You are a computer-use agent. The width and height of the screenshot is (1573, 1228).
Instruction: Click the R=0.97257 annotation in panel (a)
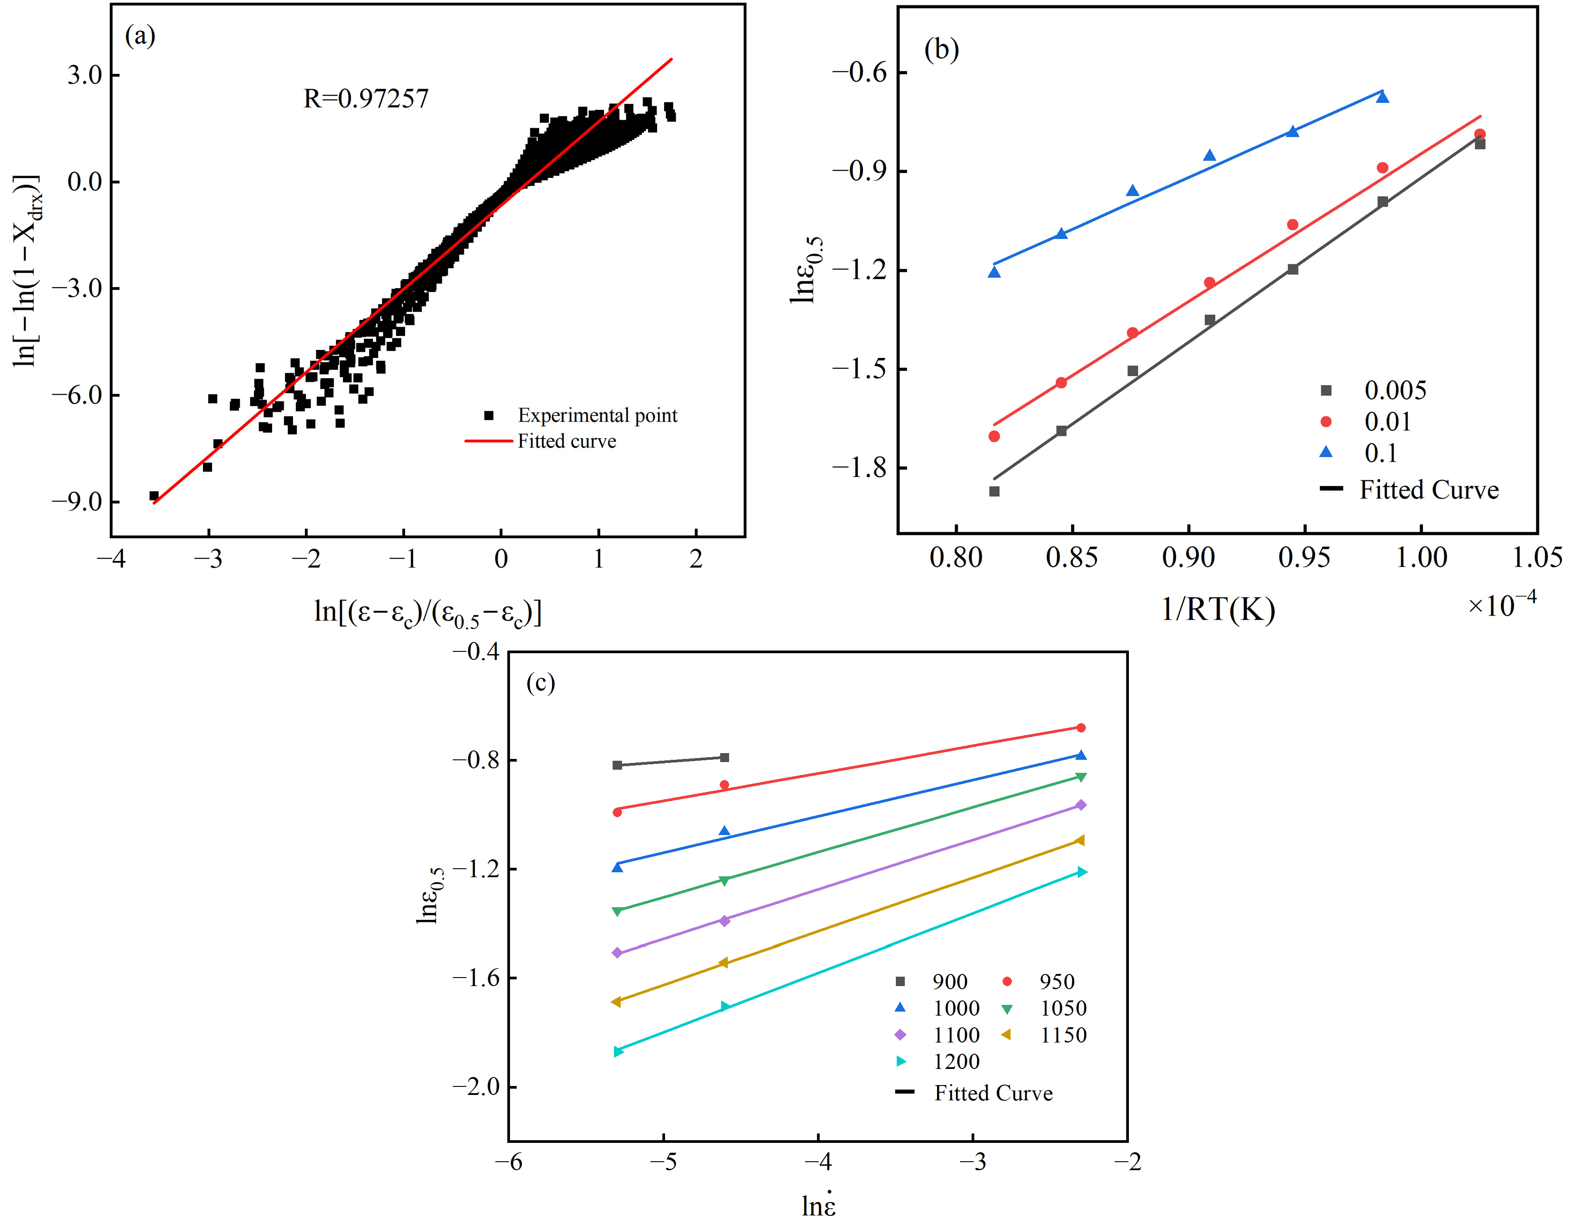(x=366, y=99)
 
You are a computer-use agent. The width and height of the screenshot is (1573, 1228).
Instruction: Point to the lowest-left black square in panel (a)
(x=153, y=496)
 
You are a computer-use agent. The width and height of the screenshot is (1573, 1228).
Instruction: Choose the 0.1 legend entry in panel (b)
(x=1380, y=453)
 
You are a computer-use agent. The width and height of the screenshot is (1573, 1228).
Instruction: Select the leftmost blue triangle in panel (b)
(x=994, y=272)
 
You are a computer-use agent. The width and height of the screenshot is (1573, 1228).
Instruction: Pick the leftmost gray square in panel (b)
(x=994, y=491)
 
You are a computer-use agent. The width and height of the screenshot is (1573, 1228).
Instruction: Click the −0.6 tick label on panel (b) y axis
(x=859, y=72)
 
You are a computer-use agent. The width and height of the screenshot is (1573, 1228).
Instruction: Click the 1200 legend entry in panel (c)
(x=956, y=1061)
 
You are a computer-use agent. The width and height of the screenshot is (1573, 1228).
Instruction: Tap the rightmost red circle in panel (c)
(x=1080, y=728)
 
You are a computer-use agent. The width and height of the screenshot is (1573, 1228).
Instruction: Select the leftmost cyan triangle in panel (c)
(x=617, y=1051)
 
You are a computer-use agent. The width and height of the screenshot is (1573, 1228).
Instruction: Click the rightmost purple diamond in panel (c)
(x=1080, y=805)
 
